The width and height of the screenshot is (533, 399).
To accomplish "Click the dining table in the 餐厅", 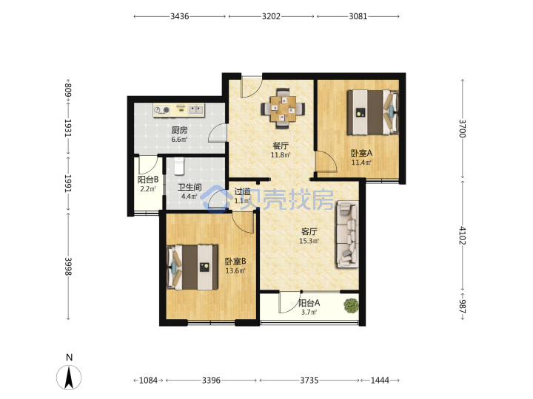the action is [x=283, y=109].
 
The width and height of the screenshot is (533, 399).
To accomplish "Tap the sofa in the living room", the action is [x=347, y=234].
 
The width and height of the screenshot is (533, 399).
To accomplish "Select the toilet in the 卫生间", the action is [x=179, y=166].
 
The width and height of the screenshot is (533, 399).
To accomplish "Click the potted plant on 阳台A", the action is [x=351, y=306].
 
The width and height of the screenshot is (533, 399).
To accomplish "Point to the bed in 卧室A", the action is [x=372, y=112].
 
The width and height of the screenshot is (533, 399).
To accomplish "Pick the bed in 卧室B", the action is [x=192, y=267].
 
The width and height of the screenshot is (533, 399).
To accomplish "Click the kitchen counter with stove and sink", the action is [x=179, y=110].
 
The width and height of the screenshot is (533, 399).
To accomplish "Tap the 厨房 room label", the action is [x=179, y=130].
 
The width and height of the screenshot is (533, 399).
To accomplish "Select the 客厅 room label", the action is [x=309, y=232].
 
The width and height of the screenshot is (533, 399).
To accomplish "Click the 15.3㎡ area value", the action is [x=309, y=241].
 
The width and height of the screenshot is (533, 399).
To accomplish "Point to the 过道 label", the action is [x=242, y=191].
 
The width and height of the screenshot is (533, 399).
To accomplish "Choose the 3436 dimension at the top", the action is [x=179, y=16].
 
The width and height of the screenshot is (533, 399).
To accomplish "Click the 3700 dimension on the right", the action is [x=462, y=129].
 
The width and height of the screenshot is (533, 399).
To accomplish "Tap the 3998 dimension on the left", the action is [x=68, y=266].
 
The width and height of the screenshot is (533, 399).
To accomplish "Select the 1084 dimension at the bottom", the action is [x=148, y=381].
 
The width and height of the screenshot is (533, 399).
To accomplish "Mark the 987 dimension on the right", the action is [x=462, y=307].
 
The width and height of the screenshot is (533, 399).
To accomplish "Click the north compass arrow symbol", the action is [x=69, y=378].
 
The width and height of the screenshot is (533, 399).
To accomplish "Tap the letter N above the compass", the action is [x=70, y=358].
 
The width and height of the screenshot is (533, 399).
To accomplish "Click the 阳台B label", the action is [x=148, y=180].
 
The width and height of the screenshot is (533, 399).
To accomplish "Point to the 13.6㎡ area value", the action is [x=235, y=271].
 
